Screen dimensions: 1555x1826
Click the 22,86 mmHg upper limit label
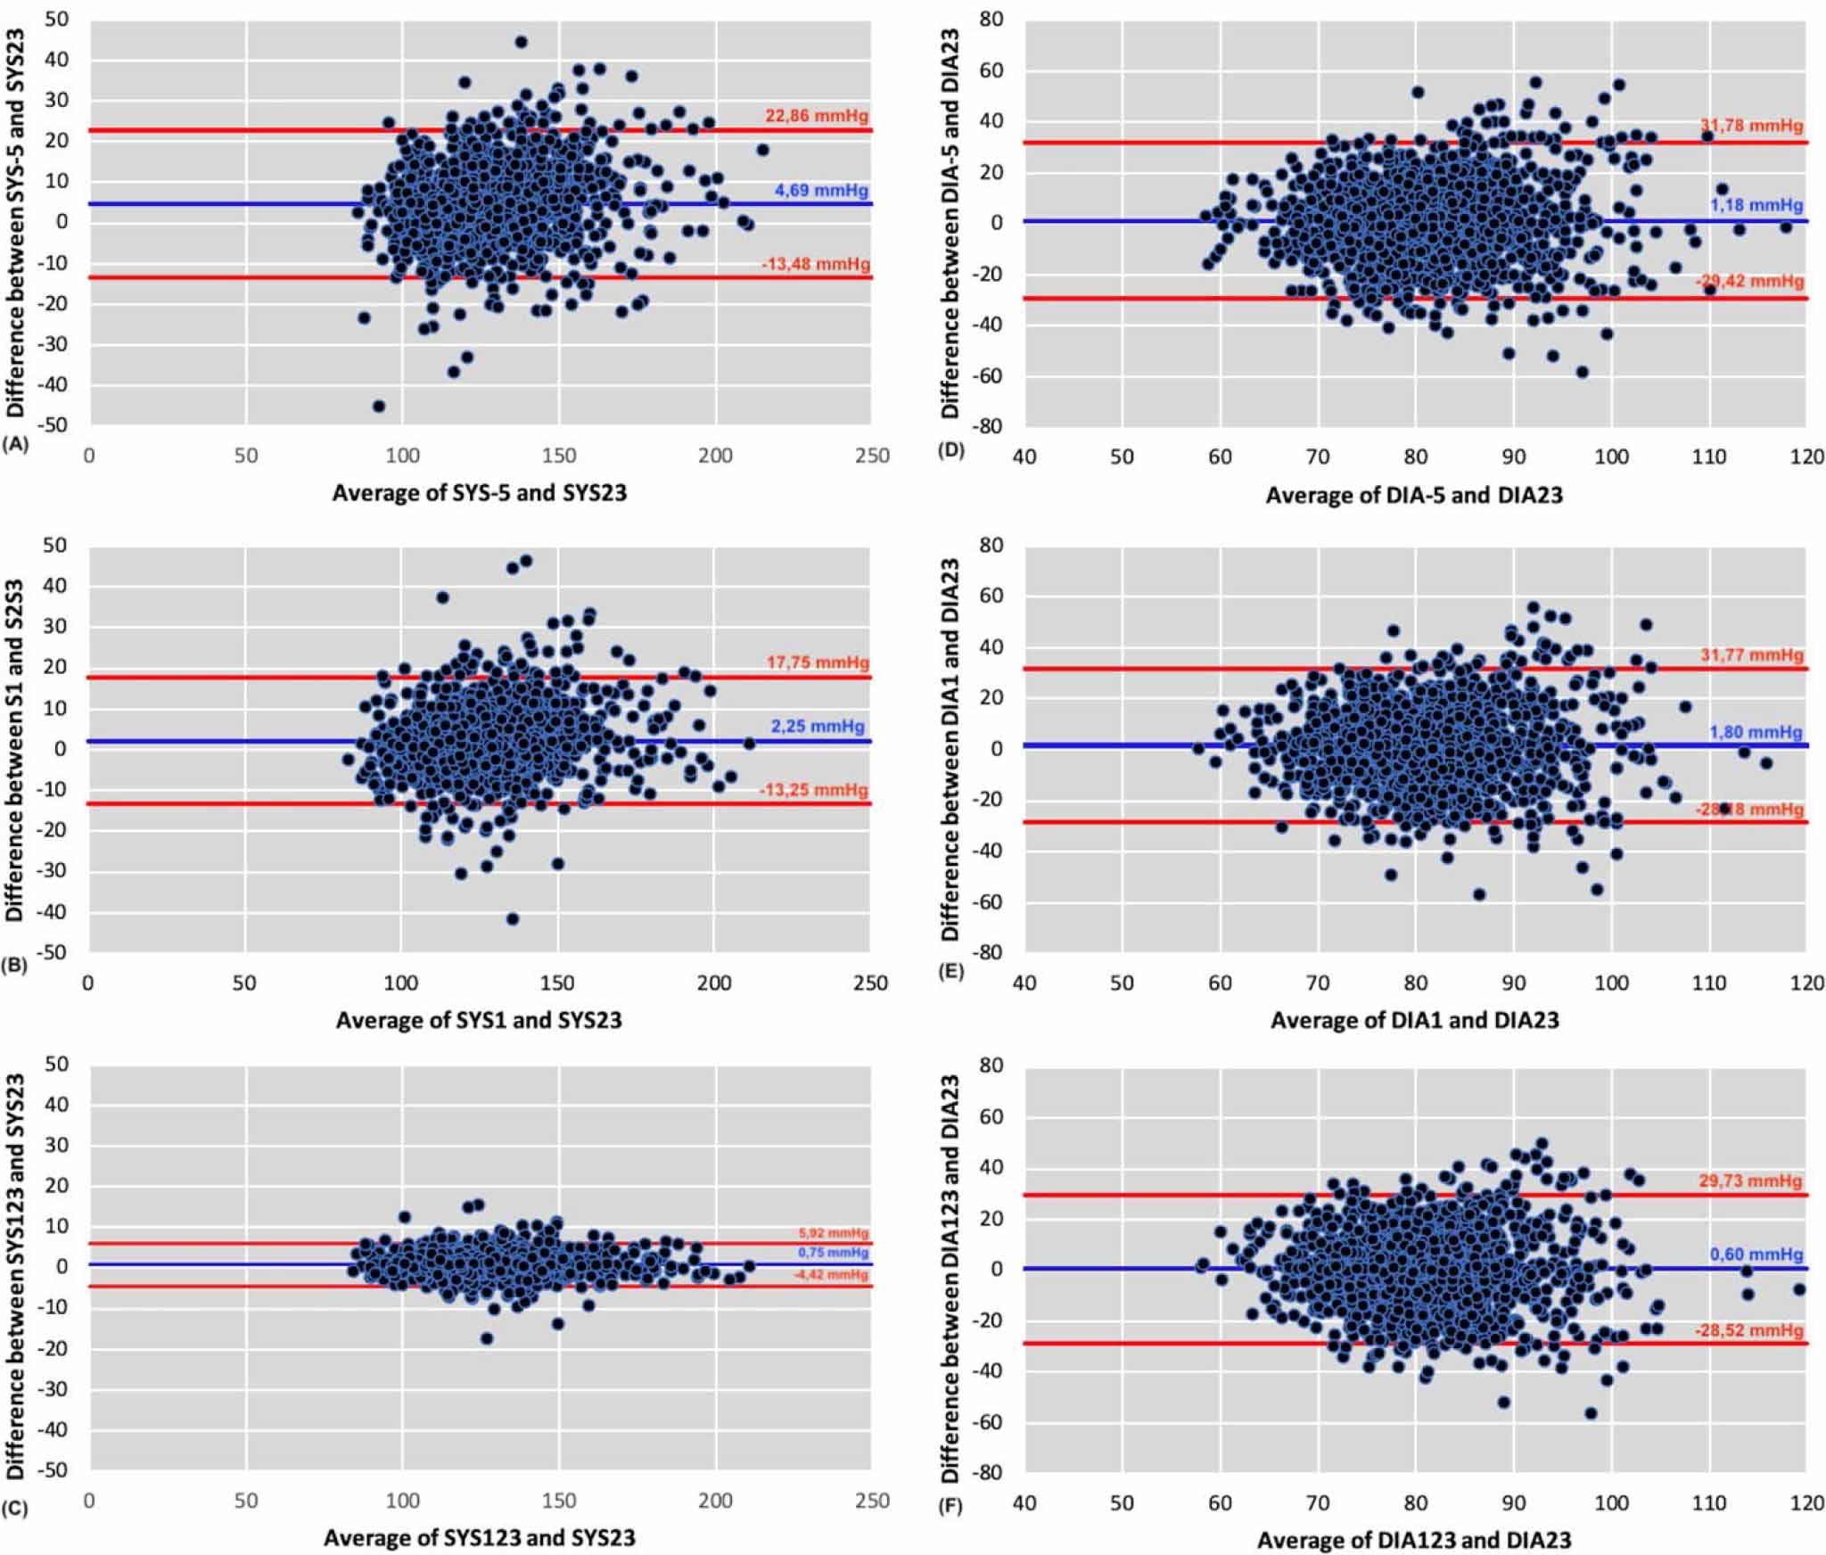[x=816, y=116]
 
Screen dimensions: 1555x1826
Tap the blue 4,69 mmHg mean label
[x=820, y=190]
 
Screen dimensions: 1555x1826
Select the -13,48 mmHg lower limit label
[x=815, y=264]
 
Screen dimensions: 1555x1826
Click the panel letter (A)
[x=17, y=442]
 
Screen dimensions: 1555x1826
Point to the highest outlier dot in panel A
[x=521, y=42]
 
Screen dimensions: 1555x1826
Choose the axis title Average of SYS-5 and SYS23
[x=479, y=492]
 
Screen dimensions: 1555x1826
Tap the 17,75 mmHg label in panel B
[x=816, y=663]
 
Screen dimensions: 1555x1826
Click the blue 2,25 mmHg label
[x=817, y=727]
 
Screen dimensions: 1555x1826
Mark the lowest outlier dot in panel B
[x=512, y=918]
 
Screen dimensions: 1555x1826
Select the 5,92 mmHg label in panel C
[x=834, y=1233]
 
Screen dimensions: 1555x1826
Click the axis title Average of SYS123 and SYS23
[x=479, y=1538]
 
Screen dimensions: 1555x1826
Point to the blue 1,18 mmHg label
[x=1756, y=205]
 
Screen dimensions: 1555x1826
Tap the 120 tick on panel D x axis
[x=1806, y=457]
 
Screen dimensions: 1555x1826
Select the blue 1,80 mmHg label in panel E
[x=1756, y=732]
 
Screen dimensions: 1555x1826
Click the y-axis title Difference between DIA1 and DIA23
[x=950, y=749]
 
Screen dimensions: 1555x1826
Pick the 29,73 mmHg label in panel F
[x=1750, y=1181]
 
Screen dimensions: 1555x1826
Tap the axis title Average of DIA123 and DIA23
[x=1414, y=1539]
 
